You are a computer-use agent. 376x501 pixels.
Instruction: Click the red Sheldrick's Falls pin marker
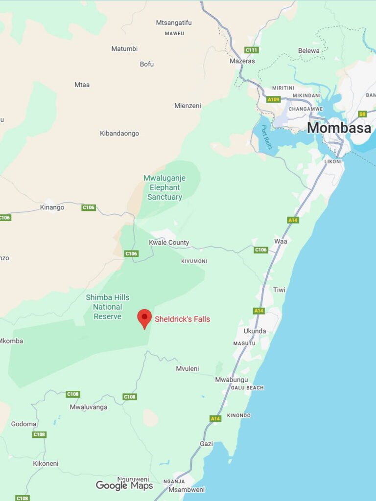144,318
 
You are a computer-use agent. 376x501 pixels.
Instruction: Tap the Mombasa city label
339,128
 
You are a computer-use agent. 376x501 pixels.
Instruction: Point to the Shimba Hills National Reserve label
107,307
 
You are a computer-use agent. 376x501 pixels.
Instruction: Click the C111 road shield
251,50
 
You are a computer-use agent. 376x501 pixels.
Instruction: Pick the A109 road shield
273,99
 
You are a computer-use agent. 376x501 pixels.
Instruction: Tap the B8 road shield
362,114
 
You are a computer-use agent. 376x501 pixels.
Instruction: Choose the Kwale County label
169,243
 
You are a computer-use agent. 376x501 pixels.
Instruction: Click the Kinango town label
52,207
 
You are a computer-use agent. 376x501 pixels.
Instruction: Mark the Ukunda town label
255,331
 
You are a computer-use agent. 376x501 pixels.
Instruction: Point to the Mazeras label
242,61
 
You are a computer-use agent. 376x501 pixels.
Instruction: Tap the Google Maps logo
124,485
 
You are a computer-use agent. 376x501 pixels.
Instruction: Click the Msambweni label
187,489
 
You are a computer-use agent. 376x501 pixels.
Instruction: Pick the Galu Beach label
247,388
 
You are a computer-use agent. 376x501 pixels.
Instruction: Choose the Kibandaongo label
119,134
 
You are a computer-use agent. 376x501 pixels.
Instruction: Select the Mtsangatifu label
174,23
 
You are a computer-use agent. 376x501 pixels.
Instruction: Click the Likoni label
333,161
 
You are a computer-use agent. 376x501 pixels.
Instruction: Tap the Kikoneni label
46,463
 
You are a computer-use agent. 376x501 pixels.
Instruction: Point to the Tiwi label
279,290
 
